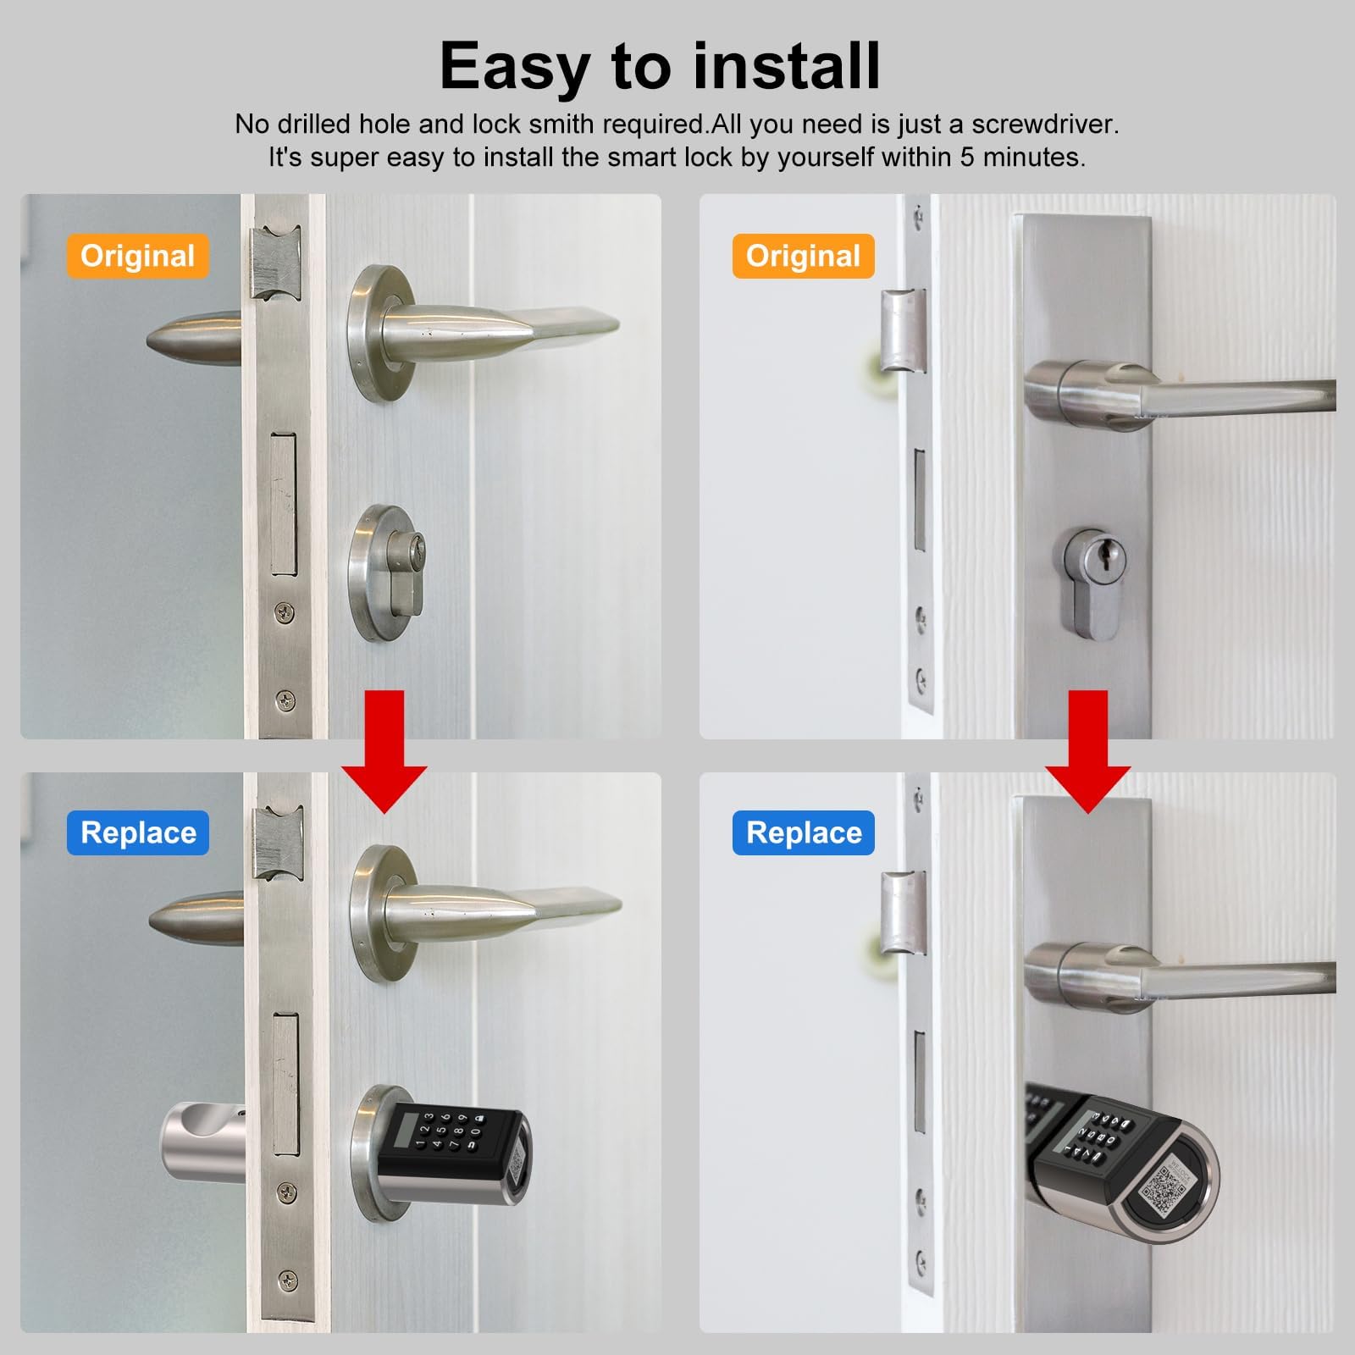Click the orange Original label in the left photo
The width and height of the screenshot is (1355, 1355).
click(x=137, y=256)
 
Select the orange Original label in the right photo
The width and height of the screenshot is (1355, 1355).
click(x=803, y=256)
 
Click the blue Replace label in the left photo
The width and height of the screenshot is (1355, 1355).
click(x=138, y=832)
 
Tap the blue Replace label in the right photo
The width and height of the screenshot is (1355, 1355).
click(x=804, y=832)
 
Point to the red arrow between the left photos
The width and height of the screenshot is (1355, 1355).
click(x=384, y=751)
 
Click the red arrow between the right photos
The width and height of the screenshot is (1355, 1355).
click(x=1088, y=751)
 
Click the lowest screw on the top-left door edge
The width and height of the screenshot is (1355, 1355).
click(x=286, y=700)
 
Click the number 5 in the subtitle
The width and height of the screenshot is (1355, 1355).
click(x=966, y=158)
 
